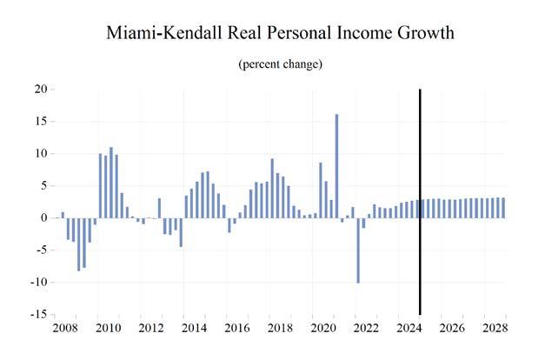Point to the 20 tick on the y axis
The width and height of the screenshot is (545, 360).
click(x=40, y=90)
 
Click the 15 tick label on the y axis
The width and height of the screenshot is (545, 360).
click(x=40, y=122)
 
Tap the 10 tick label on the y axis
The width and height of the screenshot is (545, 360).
click(x=40, y=154)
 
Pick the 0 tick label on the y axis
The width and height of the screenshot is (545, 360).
click(x=43, y=218)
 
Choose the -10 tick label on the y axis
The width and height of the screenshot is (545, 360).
click(x=37, y=283)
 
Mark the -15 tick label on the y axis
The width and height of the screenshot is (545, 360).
click(x=37, y=315)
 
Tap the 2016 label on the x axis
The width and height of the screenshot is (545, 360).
click(x=236, y=329)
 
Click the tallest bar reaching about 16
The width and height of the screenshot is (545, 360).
click(x=336, y=165)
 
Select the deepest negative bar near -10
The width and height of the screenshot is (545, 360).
click(x=358, y=250)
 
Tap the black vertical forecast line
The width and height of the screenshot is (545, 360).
click(x=421, y=200)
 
